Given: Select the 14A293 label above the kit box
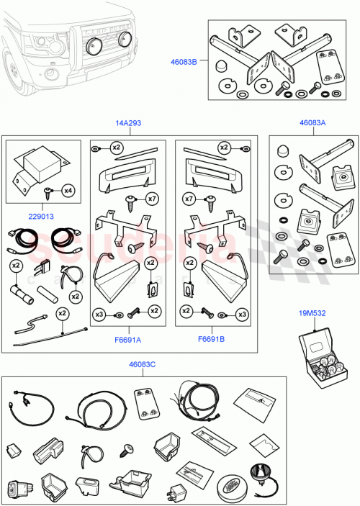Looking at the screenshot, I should pos(128,124).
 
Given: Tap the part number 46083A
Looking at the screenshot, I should pos(312,124).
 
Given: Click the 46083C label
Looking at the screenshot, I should pos(143,365).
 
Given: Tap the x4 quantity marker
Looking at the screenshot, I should pos(67,191).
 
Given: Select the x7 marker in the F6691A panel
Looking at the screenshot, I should pos(151,198).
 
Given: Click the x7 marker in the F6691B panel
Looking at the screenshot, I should pos(189,198).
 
